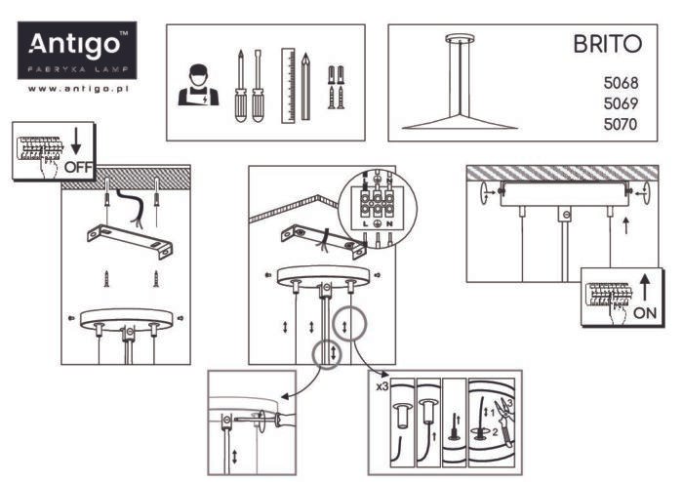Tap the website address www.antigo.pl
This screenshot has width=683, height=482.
78,89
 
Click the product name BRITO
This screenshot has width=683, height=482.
607,44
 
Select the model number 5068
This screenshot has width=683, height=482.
621,82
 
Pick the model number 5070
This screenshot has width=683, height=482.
621,124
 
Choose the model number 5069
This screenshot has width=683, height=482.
621,103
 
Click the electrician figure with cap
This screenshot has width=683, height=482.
198,85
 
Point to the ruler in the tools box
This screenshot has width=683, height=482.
288,85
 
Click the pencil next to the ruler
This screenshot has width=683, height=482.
305,87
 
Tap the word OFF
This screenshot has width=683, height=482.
78,167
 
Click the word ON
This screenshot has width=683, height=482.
645,312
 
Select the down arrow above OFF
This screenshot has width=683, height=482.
76,141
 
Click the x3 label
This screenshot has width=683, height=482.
382,386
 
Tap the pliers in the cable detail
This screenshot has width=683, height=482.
504,421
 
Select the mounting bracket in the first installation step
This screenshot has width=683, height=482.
130,240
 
